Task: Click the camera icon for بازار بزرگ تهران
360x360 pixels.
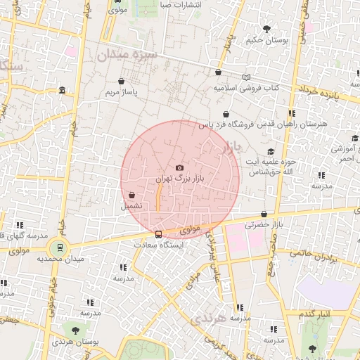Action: coord(179,167)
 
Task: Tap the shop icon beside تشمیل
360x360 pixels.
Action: coord(131,195)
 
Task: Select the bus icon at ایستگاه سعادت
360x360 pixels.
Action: coord(158,234)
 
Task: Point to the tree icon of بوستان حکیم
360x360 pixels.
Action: coord(266,29)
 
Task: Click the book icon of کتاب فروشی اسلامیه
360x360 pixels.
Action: coord(245,77)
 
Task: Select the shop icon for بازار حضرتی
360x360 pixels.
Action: coord(264,214)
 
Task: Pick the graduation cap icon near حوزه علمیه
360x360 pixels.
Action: coord(271,151)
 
